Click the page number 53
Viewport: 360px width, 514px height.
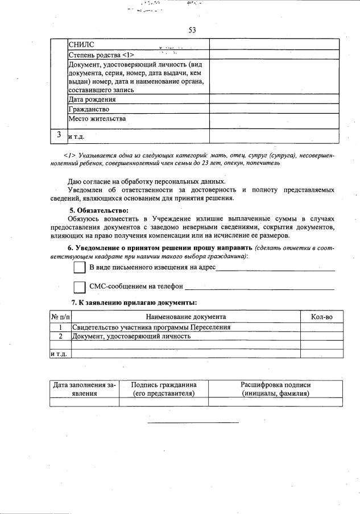[x=192, y=30]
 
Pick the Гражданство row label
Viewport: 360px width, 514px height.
[x=89, y=109]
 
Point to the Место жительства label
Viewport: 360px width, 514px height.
[x=97, y=119]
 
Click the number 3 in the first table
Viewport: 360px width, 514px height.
[x=59, y=135]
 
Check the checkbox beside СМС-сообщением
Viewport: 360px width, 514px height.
[x=80, y=287]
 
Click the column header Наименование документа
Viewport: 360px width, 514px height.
[x=186, y=317]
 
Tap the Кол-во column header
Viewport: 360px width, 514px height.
[x=321, y=317]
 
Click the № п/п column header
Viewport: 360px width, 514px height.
[x=60, y=317]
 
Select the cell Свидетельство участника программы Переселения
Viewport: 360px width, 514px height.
[x=151, y=327]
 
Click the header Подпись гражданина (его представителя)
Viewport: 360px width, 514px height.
[x=164, y=389]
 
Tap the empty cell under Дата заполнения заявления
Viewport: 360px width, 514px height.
[x=84, y=402]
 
